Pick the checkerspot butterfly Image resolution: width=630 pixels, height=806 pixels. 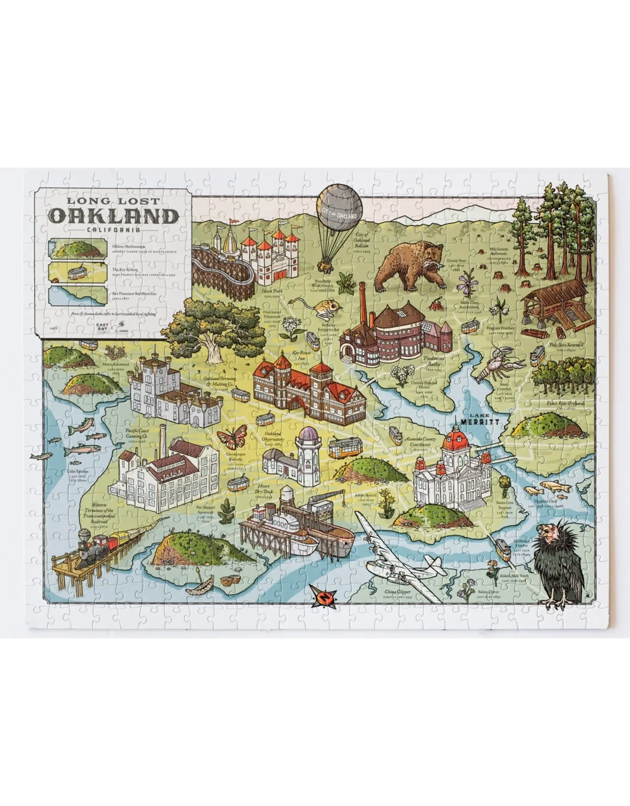coord(230,438)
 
